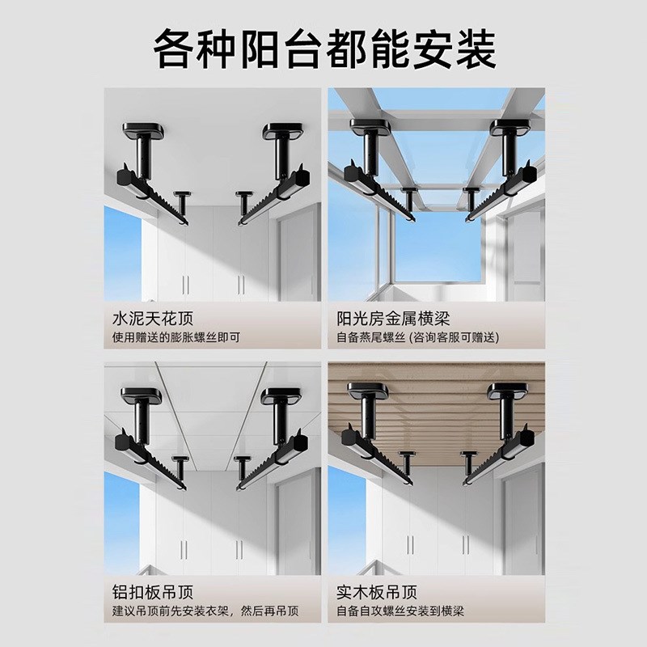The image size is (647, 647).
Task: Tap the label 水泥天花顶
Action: point(154,317)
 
